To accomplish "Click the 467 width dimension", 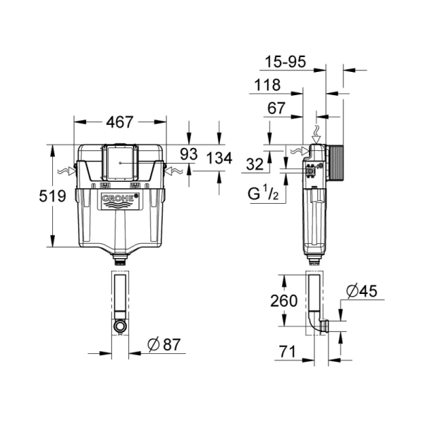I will click(120, 122).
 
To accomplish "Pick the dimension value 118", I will click(267, 85).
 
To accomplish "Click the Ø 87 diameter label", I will click(164, 345).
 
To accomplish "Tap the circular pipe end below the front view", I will click(121, 326).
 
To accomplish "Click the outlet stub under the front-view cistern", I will click(121, 259).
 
